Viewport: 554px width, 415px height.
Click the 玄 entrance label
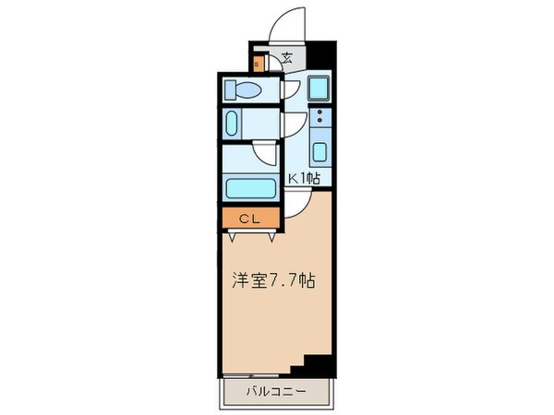(286, 58)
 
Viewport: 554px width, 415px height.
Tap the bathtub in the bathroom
(249, 188)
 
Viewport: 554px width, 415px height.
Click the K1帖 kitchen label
(304, 179)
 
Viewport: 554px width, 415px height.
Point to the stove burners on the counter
(319, 118)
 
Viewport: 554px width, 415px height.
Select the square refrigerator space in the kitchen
(319, 90)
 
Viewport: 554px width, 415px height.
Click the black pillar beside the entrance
(319, 56)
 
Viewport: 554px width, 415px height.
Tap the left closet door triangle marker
(231, 236)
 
